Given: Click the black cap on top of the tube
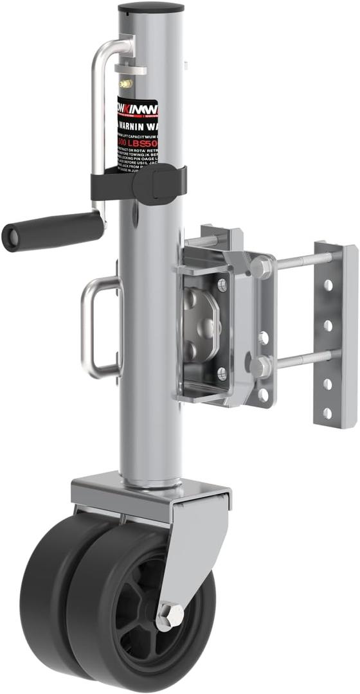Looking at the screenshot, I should (x=151, y=8).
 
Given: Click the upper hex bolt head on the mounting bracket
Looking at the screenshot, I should (x=260, y=267).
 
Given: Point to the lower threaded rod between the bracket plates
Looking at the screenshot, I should (x=302, y=359).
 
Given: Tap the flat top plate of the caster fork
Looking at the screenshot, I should (x=148, y=488).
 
